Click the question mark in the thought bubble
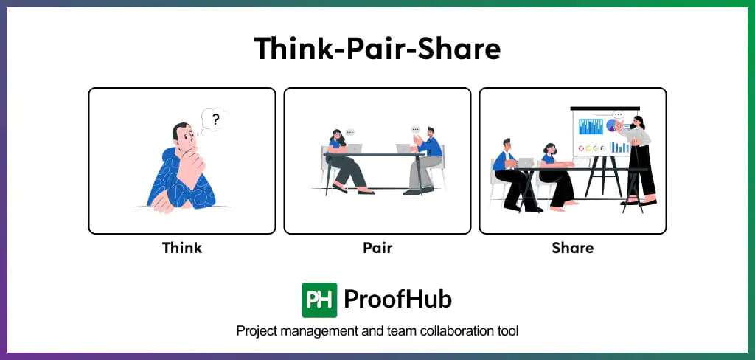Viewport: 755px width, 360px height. click(215, 119)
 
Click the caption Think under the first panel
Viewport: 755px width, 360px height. click(182, 248)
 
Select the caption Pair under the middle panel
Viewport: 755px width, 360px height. click(377, 248)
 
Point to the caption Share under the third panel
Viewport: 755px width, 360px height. click(572, 248)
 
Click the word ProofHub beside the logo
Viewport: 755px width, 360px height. click(398, 300)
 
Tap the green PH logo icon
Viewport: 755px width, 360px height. click(319, 300)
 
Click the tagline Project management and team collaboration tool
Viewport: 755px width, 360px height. click(377, 331)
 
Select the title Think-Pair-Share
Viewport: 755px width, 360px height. click(377, 49)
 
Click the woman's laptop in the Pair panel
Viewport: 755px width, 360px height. click(355, 148)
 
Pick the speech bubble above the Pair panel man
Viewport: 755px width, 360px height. click(417, 130)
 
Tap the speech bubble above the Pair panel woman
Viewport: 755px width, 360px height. click(350, 132)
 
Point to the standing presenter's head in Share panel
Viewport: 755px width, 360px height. click(639, 122)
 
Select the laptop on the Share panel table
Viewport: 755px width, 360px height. click(525, 162)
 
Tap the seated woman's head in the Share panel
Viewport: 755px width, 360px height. click(549, 149)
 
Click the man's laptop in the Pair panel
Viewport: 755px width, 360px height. click(403, 148)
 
